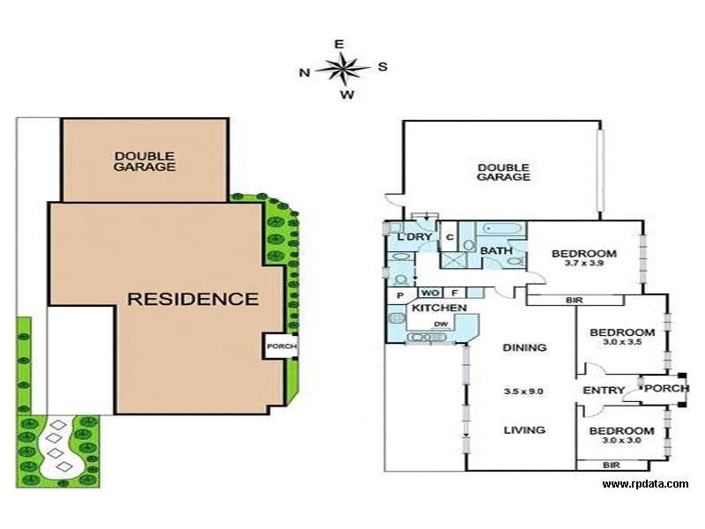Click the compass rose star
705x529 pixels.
[x=343, y=70]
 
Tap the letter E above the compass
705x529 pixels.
[x=339, y=44]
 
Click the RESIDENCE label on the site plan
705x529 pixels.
[x=193, y=299]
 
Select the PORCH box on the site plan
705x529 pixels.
[x=280, y=346]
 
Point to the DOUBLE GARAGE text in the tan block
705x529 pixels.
[x=145, y=161]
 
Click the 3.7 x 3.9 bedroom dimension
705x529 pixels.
[x=583, y=263]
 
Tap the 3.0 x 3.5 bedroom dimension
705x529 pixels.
[x=622, y=342]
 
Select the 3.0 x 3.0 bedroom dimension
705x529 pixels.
[x=621, y=440]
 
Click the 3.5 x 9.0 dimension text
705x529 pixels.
[x=523, y=391]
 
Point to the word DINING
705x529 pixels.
[x=524, y=347]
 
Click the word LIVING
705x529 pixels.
[x=524, y=430]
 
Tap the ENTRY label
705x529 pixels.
[x=604, y=390]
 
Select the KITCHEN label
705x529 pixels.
[x=439, y=308]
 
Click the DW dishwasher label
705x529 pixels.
[x=441, y=324]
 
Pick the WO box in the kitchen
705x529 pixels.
[x=430, y=293]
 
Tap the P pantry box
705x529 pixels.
[x=401, y=295]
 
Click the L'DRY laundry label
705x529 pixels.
[x=414, y=237]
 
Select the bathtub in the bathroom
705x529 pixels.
[x=501, y=229]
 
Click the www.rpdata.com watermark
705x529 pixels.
[x=645, y=484]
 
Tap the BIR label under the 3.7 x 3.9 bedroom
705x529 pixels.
[x=575, y=300]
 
